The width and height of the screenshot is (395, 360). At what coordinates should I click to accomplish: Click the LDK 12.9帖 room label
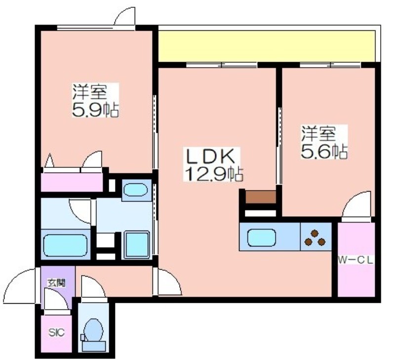pyautogui.click(x=214, y=164)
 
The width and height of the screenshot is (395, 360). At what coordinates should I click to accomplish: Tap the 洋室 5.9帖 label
pyautogui.click(x=95, y=100)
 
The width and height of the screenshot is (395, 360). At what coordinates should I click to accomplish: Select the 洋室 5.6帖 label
pyautogui.click(x=324, y=142)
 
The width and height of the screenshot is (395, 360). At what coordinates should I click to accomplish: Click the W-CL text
pyautogui.click(x=355, y=260)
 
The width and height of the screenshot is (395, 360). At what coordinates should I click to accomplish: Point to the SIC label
pyautogui.click(x=56, y=333)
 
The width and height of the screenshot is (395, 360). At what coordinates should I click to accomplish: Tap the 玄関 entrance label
pyautogui.click(x=57, y=283)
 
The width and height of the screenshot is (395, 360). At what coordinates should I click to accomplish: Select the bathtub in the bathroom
pyautogui.click(x=66, y=245)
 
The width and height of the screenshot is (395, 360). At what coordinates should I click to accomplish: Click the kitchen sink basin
pyautogui.click(x=262, y=238)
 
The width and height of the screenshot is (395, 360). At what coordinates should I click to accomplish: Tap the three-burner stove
pyautogui.click(x=316, y=237)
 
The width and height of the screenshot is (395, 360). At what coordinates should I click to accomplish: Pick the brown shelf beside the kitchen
pyautogui.click(x=261, y=197)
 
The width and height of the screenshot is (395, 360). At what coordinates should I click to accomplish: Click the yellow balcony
pyautogui.click(x=265, y=46)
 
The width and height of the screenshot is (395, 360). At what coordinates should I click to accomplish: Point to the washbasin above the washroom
pyautogui.click(x=135, y=190)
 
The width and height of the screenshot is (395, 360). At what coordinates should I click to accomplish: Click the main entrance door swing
pyautogui.click(x=20, y=285)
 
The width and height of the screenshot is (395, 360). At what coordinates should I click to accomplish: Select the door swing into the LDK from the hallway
pyautogui.click(x=167, y=281)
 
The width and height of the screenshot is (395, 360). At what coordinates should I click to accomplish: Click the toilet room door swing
pyautogui.click(x=93, y=286)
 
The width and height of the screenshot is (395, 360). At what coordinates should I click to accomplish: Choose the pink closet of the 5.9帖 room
pyautogui.click(x=72, y=182)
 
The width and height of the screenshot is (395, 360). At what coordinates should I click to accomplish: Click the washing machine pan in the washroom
pyautogui.click(x=137, y=244)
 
